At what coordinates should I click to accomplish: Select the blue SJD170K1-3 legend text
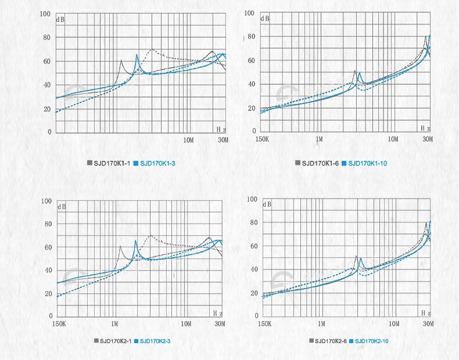pyautogui.click(x=158, y=164)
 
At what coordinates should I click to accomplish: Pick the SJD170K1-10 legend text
pyautogui.click(x=367, y=163)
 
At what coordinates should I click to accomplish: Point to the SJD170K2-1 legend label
pyautogui.click(x=116, y=340)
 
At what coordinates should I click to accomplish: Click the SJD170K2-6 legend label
pyautogui.click(x=331, y=340)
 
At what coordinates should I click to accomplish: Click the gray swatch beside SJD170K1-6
pyautogui.click(x=297, y=163)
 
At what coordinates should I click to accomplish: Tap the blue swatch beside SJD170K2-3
pyautogui.click(x=135, y=340)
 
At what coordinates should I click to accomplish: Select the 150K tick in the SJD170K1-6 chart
pyautogui.click(x=263, y=139)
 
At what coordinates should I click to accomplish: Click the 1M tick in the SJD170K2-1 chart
pyautogui.click(x=114, y=323)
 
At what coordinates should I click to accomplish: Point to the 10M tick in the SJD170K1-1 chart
pyautogui.click(x=188, y=140)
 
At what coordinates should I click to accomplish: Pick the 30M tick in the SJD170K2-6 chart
pyautogui.click(x=428, y=323)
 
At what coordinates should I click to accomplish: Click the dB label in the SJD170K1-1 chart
pyautogui.click(x=60, y=20)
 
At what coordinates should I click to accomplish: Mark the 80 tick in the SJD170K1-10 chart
pyautogui.click(x=252, y=37)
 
